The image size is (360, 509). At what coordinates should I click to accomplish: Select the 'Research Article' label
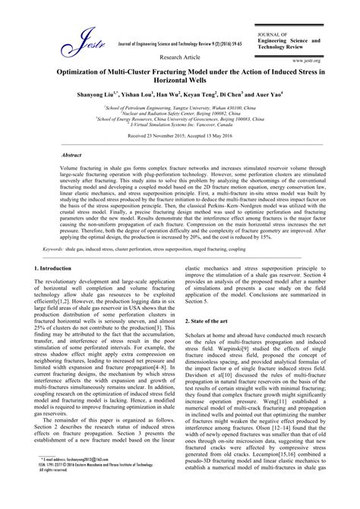179,57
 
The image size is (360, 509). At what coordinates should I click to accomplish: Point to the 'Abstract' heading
73,153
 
